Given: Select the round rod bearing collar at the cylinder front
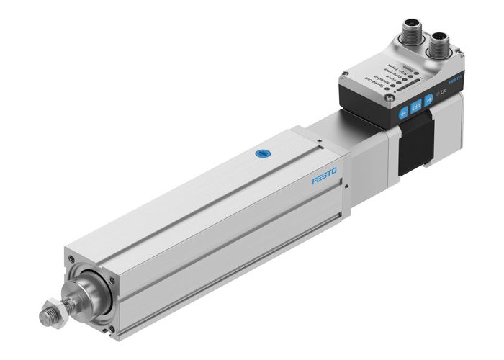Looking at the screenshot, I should coord(93,294).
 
